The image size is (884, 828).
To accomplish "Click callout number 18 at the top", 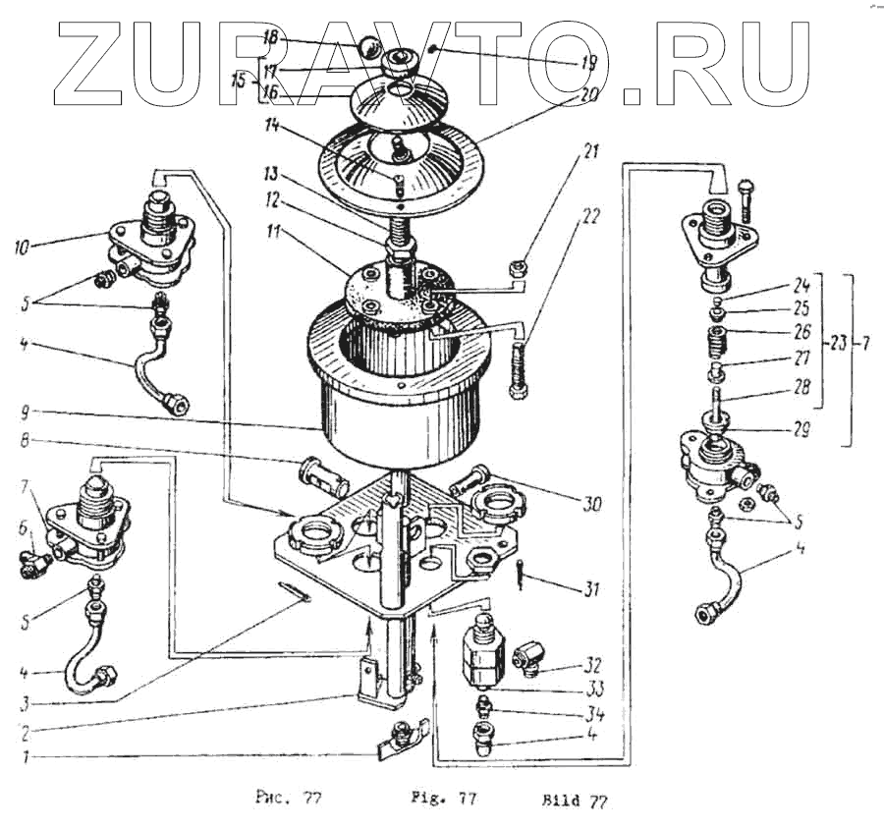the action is (272, 38).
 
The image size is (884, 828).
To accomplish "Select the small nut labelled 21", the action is (525, 263).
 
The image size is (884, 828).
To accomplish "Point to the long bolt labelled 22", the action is (518, 367).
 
